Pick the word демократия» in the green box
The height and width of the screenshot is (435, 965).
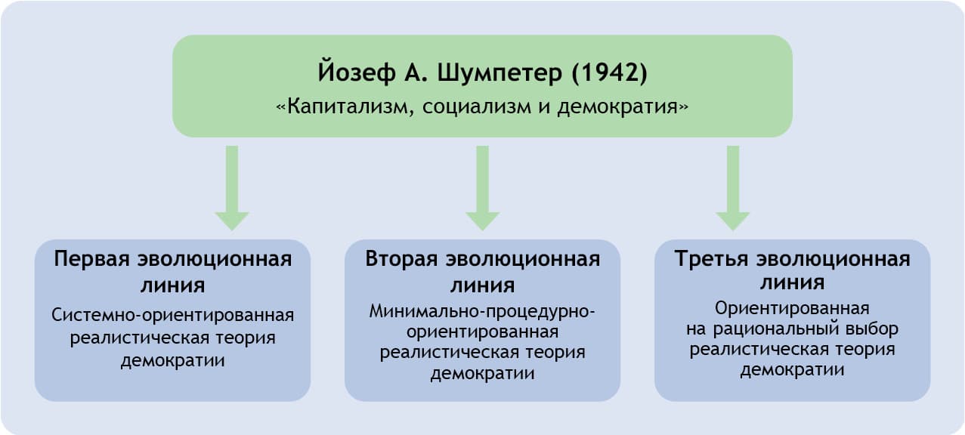pyautogui.click(x=623, y=106)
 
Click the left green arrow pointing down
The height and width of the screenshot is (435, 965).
pyautogui.click(x=232, y=189)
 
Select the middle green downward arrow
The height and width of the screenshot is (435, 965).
pyautogui.click(x=483, y=189)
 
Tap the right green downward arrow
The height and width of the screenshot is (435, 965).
pyautogui.click(x=732, y=189)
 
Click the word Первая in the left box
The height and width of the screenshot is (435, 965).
pyautogui.click(x=92, y=259)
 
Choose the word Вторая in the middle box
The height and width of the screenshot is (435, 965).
pyautogui.click(x=401, y=259)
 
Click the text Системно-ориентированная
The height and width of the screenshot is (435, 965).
pyautogui.click(x=172, y=315)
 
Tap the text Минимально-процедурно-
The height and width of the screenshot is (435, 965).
pyautogui.click(x=482, y=310)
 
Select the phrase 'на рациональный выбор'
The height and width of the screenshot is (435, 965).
pyautogui.click(x=792, y=329)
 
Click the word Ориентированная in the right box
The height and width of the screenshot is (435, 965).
pyautogui.click(x=792, y=308)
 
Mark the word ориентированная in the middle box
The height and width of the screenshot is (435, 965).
pyautogui.click(x=482, y=332)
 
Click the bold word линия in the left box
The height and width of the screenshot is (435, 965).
pyautogui.click(x=172, y=285)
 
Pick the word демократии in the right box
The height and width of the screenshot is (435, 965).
pyautogui.click(x=792, y=370)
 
